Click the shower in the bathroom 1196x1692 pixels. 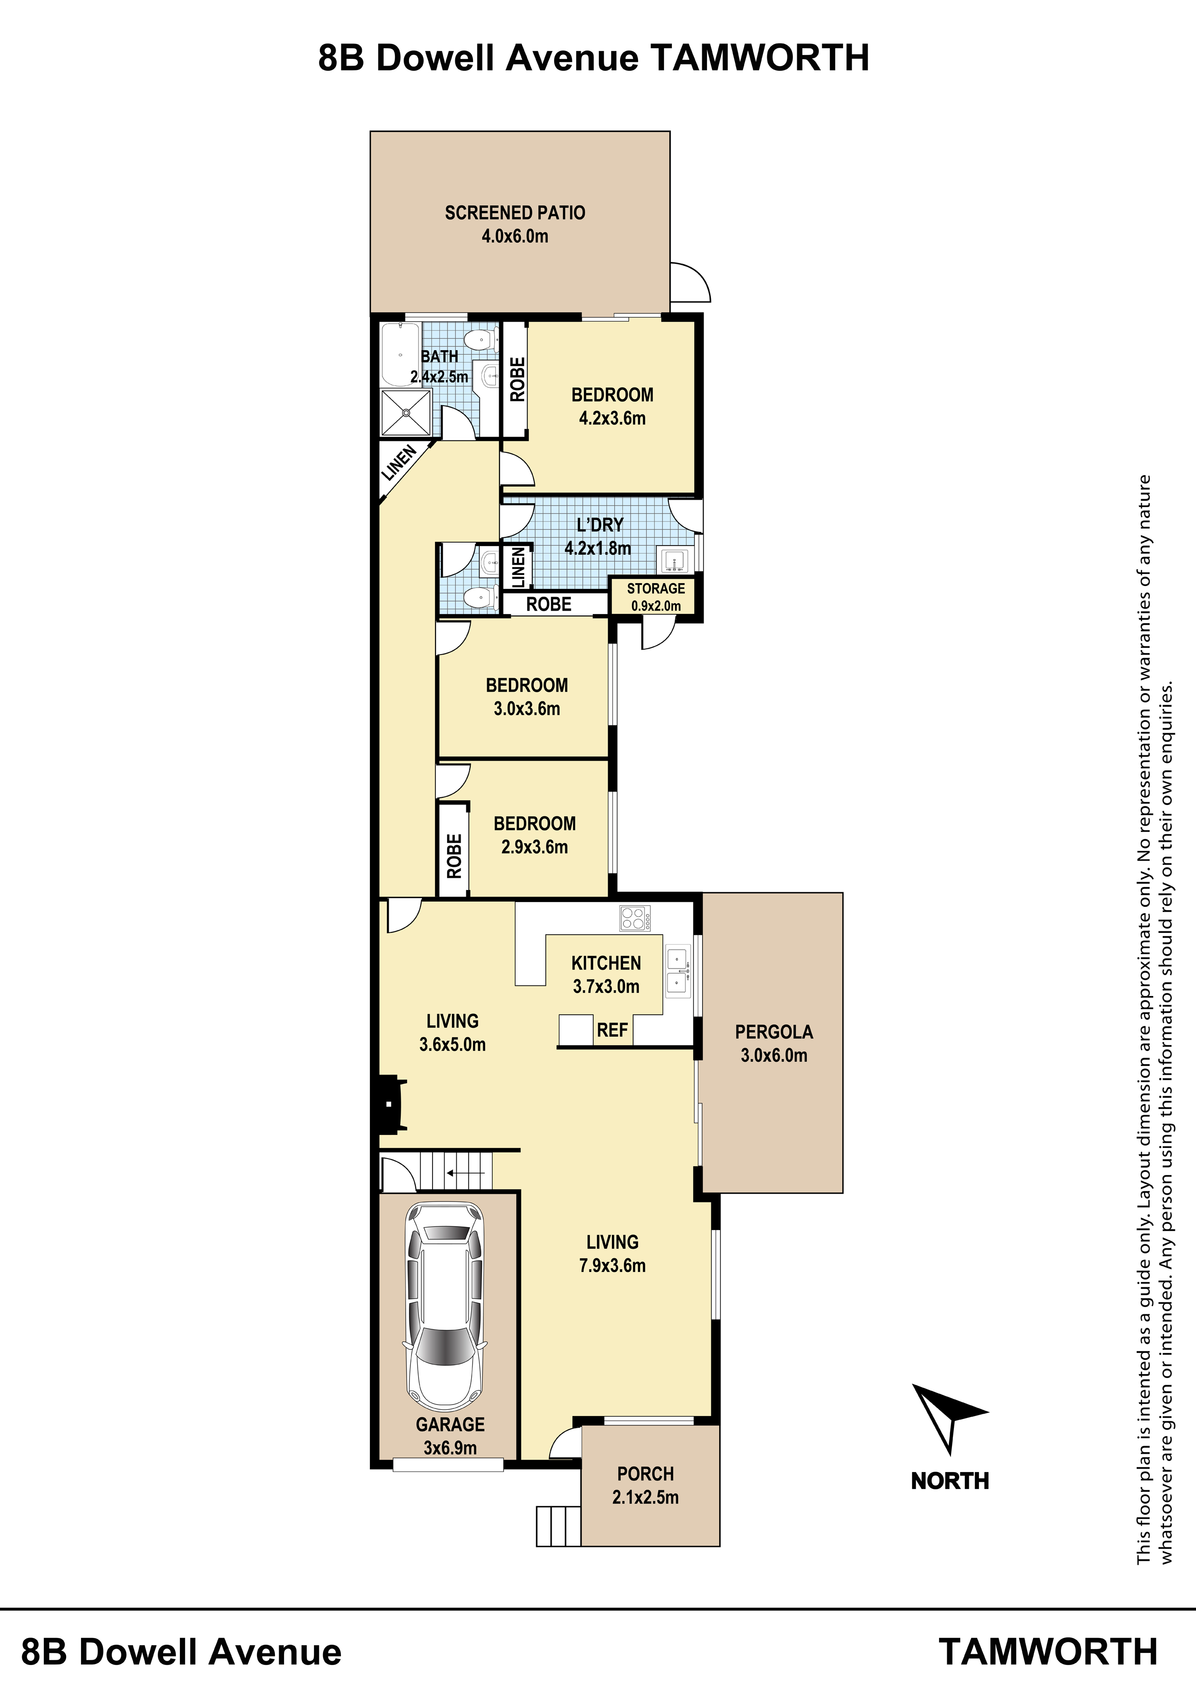click(405, 413)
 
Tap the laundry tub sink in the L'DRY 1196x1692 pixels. click(674, 561)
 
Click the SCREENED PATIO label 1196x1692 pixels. click(515, 213)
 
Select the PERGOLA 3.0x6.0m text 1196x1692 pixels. click(774, 1043)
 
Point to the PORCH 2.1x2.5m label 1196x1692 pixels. click(646, 1486)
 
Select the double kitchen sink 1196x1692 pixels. click(677, 971)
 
